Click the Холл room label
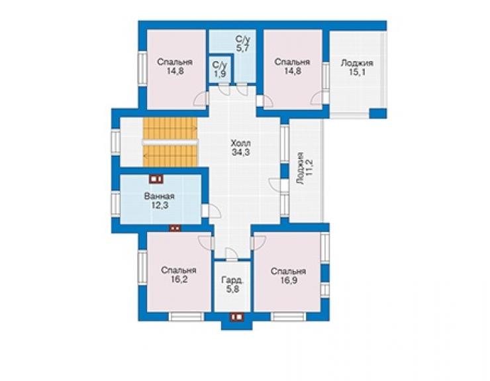240,144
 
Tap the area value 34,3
240,152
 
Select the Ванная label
160,196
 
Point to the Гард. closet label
232,280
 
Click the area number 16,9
289,280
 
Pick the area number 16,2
179,280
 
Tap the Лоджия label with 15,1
357,63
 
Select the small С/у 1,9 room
219,69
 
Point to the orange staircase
170,142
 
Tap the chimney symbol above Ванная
156,179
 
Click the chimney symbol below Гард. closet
237,317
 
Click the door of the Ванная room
211,211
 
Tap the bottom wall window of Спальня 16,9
288,317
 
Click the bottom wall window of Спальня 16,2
187,317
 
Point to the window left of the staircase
116,142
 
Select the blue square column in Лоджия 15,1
378,113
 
